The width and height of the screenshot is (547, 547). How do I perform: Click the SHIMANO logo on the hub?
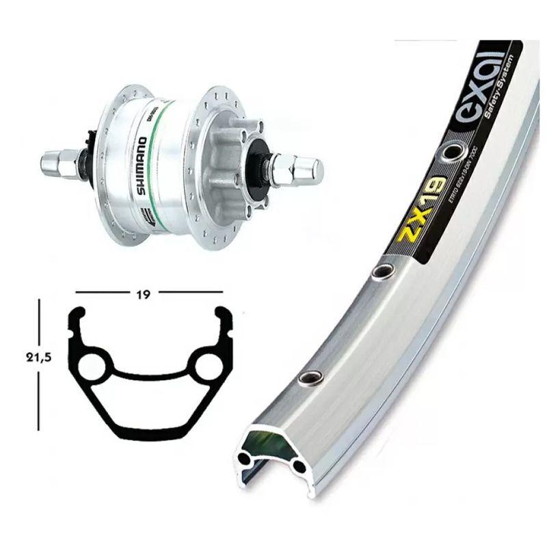(141, 165)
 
